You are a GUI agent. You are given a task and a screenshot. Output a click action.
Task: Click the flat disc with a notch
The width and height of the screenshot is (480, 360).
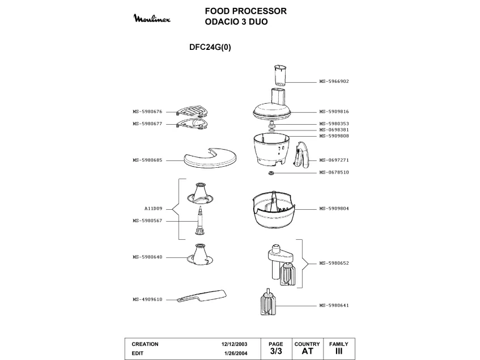point(211,159)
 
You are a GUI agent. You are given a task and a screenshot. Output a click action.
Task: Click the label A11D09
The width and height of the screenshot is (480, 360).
point(153,209)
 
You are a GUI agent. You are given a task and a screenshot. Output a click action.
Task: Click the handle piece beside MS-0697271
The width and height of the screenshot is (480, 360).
point(302,155)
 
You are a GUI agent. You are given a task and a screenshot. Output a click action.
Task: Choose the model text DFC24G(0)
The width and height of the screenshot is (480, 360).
point(210,48)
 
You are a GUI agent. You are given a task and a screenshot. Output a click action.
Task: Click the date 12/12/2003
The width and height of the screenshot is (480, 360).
point(235,344)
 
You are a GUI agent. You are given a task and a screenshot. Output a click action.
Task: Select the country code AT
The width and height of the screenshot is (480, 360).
point(307,351)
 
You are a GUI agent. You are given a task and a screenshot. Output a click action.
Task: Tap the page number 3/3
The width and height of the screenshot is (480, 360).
point(275,351)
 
